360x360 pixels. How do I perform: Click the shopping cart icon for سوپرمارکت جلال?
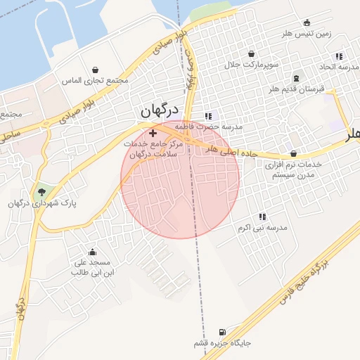251,53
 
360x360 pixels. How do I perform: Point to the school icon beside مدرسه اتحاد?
339,56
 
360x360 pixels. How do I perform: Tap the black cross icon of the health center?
153,132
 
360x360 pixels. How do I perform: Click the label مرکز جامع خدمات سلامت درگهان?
153,148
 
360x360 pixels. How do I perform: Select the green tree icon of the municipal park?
41,191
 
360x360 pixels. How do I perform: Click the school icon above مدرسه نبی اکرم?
262,217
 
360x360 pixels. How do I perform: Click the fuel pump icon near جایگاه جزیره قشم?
223,332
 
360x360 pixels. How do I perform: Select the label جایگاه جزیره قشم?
223,344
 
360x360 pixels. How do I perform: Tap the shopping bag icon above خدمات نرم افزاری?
293,153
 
